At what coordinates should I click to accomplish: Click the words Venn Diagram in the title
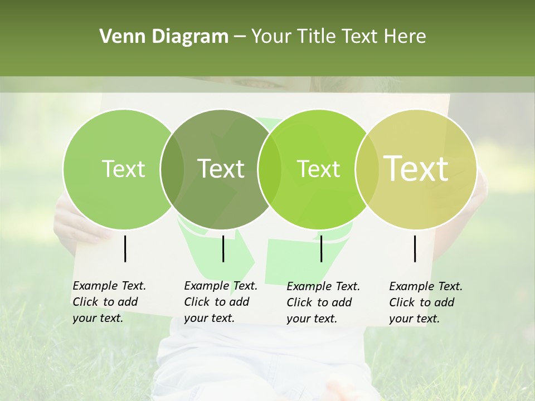[164, 37]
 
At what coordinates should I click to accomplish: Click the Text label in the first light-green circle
[123, 169]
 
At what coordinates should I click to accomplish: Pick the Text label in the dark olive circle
[221, 169]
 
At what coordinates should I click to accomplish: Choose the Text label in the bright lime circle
[319, 169]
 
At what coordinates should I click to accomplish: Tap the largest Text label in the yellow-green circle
[416, 169]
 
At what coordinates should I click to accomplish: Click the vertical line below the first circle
[125, 248]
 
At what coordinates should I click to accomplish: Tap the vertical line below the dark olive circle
[223, 248]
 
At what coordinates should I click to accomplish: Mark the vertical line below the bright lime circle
[321, 248]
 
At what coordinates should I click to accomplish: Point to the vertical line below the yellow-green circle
[415, 248]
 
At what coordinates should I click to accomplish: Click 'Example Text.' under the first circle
[109, 286]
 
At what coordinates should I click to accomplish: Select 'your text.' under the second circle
[209, 318]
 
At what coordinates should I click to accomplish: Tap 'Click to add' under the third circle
[319, 302]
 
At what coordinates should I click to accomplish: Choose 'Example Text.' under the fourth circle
[426, 286]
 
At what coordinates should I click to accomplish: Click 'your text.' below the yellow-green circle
[414, 319]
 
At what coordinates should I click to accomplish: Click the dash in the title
[240, 37]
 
